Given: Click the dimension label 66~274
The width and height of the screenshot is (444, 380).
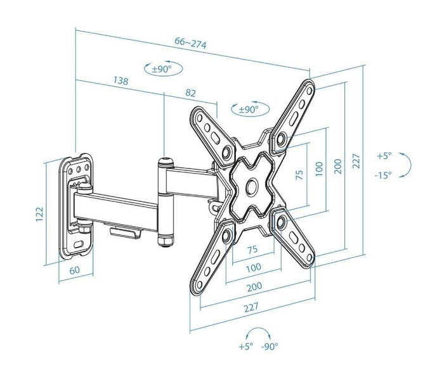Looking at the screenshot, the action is (190, 42).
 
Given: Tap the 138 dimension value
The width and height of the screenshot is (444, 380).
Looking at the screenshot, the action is (121, 81).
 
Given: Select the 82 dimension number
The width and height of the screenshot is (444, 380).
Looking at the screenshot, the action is (190, 93).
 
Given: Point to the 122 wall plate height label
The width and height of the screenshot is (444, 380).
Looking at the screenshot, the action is (39, 214).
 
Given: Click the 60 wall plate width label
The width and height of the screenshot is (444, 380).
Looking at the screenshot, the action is (74, 270).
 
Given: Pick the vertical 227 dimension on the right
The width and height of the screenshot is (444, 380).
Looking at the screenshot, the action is (356, 161).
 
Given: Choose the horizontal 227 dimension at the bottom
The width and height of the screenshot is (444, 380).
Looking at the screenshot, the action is (251, 307).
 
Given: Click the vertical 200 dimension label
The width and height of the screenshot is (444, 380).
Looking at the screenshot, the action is (338, 166).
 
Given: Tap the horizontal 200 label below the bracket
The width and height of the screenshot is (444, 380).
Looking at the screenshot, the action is (254, 287).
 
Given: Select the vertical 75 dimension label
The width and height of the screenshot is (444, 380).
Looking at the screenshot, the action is (299, 175).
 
